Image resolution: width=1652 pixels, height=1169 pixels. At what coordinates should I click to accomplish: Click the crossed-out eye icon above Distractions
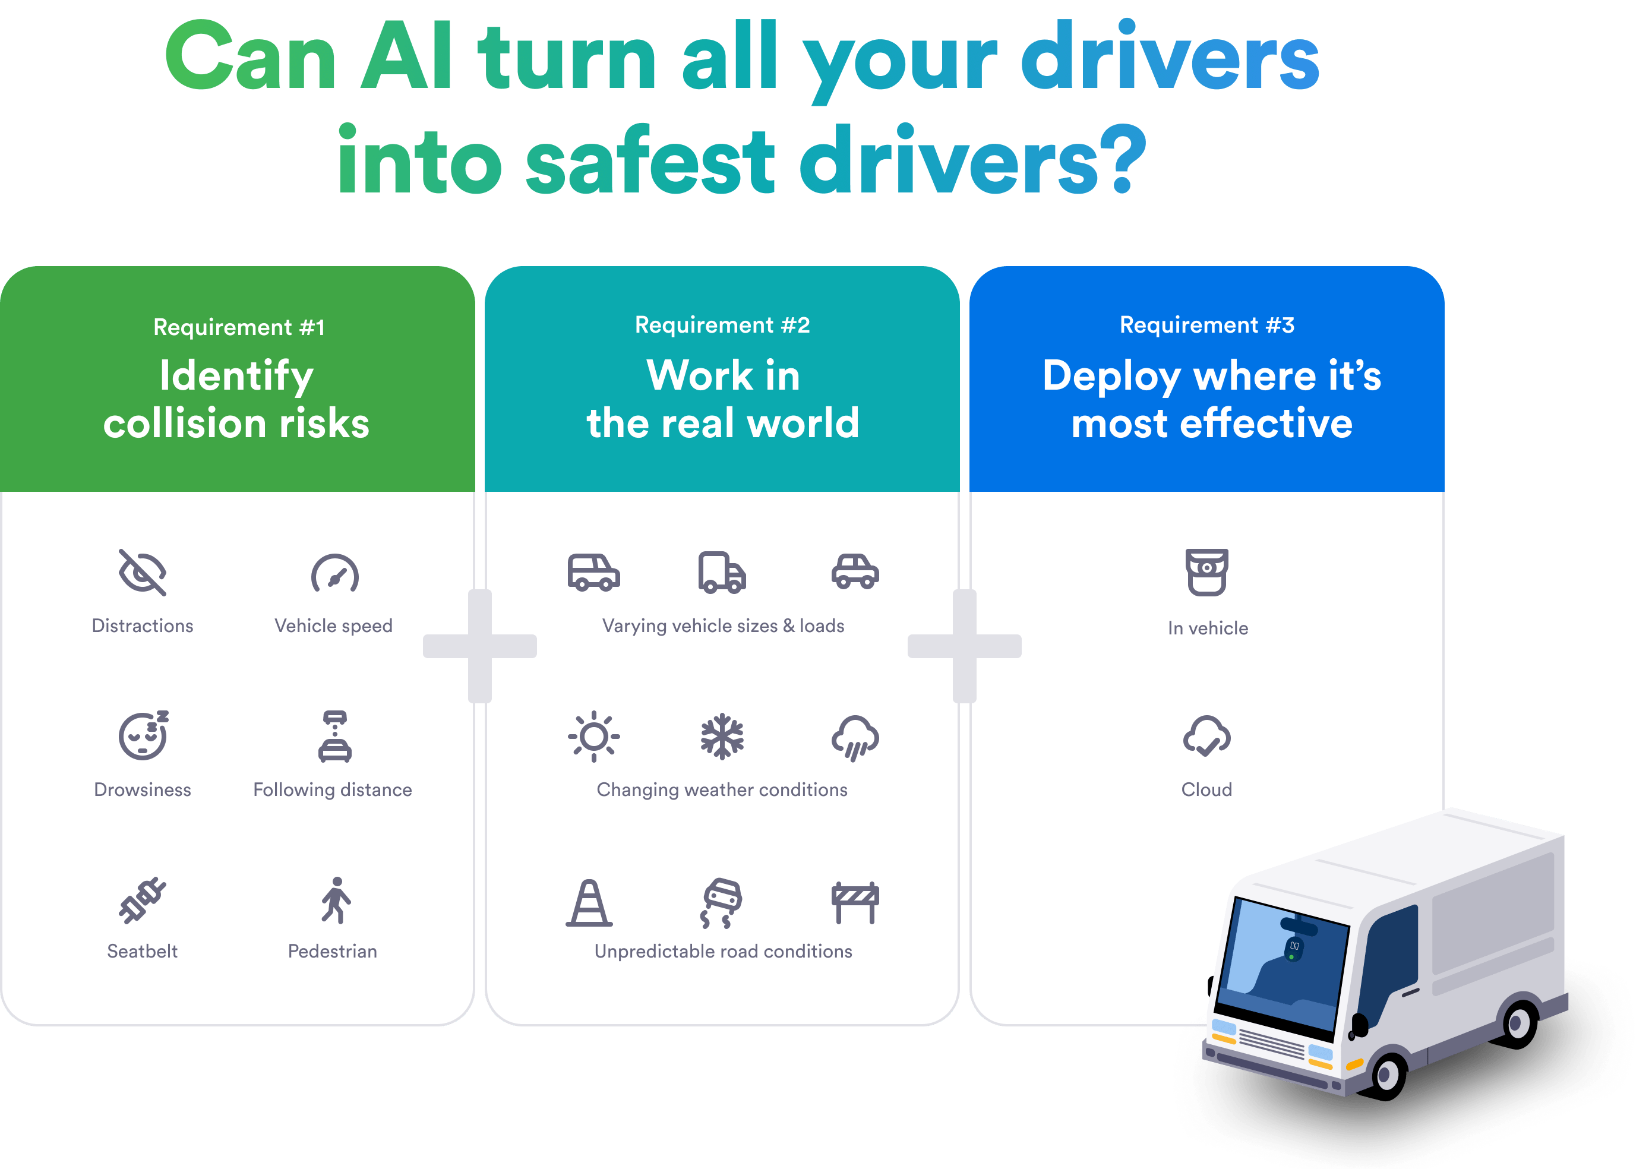coord(143,573)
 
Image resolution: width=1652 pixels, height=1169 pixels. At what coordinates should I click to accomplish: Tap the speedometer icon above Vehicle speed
coord(334,574)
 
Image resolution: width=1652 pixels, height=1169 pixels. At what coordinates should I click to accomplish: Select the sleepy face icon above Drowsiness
coord(143,735)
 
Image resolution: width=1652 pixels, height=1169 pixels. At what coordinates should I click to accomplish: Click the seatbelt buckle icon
coord(143,901)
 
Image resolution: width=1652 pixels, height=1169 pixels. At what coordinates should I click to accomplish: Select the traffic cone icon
coord(589,903)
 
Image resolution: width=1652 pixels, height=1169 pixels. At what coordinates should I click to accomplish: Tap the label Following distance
coord(333,789)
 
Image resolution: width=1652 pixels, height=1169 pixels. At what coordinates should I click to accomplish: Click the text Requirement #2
coord(722,325)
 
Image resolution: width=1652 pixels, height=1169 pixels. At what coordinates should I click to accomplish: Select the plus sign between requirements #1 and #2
coord(480,646)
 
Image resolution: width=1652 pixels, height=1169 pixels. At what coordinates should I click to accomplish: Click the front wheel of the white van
coord(1386,1075)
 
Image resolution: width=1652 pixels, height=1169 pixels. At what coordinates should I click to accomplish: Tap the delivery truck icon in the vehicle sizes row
coord(722,573)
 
